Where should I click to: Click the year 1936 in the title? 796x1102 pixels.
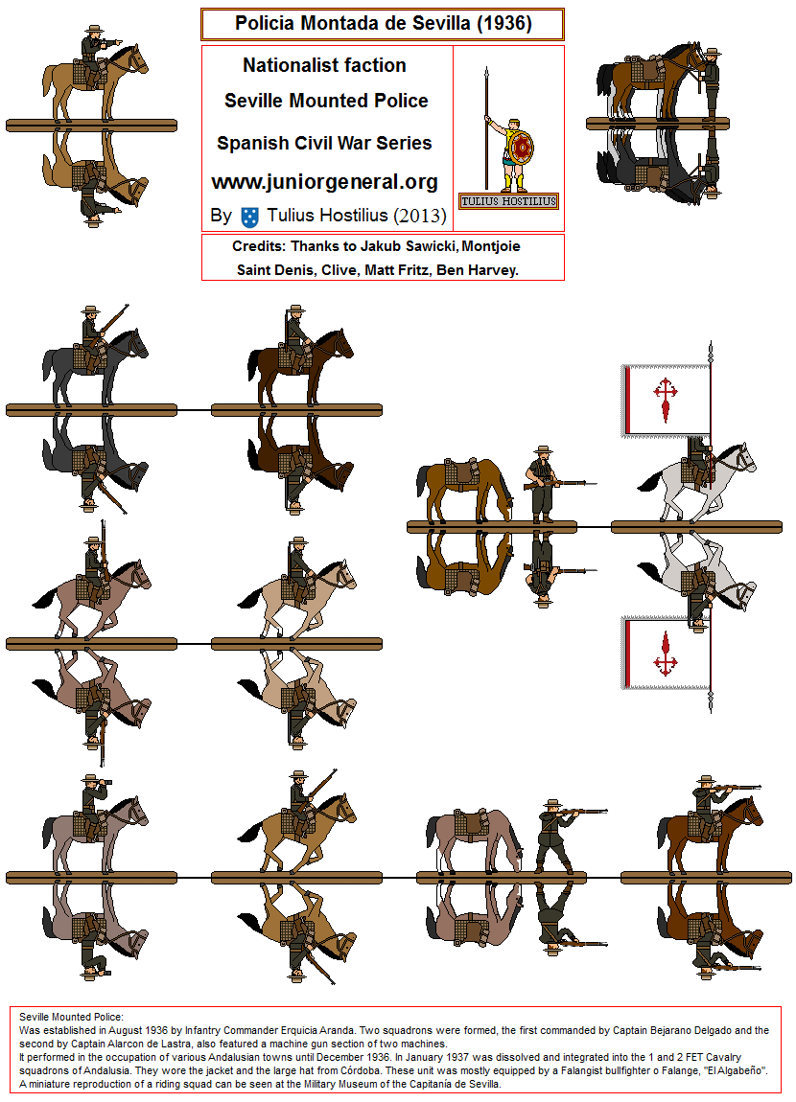pos(504,23)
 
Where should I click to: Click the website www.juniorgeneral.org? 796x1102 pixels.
pos(324,181)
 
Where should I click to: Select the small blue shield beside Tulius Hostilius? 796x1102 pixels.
pos(249,217)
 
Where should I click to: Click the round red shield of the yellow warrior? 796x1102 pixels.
pos(522,149)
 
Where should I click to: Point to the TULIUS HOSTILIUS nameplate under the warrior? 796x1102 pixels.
pos(508,201)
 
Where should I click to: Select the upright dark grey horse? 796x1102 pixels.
pos(95,365)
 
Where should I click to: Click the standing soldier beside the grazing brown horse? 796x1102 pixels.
pos(544,484)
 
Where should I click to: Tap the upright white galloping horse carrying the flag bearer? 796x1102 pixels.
pos(697,481)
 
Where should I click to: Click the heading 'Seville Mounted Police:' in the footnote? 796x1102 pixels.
pos(71,1017)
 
